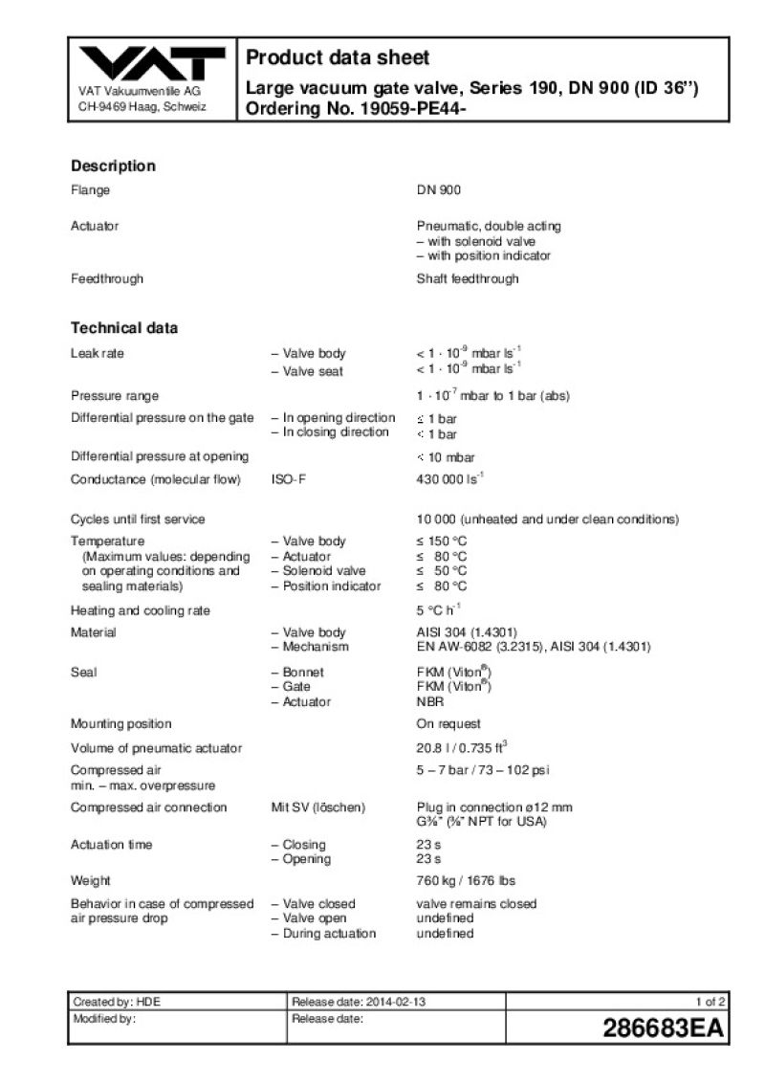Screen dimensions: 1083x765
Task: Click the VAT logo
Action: pos(153,65)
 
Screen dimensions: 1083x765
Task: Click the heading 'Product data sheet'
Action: pos(338,57)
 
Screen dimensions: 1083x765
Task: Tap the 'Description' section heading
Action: pos(113,166)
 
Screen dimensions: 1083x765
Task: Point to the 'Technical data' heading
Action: pos(124,328)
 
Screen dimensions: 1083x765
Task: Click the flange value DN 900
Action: pos(438,190)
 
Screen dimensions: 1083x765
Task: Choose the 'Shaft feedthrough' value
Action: pos(468,279)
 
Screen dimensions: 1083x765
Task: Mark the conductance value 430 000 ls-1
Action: pos(450,479)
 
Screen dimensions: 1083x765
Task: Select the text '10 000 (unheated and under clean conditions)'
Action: pos(547,519)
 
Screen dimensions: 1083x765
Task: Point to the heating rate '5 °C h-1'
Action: pos(439,610)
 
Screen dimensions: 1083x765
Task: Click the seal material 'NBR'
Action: pos(430,702)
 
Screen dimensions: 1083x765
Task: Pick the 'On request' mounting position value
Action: pos(448,724)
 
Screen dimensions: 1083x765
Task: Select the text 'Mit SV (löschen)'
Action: pos(318,807)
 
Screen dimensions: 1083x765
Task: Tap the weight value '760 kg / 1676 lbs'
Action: pos(466,880)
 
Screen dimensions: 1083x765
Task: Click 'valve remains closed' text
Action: pos(476,904)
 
